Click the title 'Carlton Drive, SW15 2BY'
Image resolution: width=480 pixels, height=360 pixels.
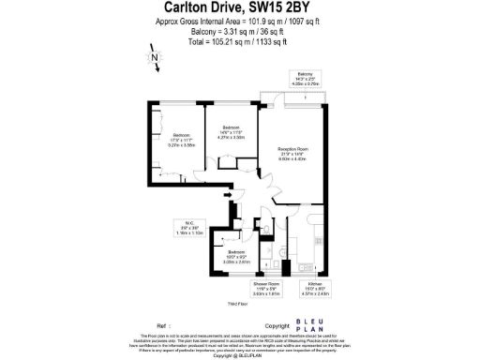point(239,8)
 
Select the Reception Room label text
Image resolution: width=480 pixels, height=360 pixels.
point(293,153)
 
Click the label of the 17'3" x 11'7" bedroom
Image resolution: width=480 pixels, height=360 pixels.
point(180,141)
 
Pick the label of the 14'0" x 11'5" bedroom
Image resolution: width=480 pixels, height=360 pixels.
point(231,132)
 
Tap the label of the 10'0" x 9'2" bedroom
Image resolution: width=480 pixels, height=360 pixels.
point(237,257)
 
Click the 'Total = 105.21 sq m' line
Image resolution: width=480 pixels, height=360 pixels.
point(239,41)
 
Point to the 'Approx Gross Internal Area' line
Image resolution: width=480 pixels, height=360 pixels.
point(239,22)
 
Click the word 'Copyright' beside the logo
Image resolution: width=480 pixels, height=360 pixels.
point(277,325)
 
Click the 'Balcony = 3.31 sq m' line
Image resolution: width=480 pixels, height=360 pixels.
point(239,31)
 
